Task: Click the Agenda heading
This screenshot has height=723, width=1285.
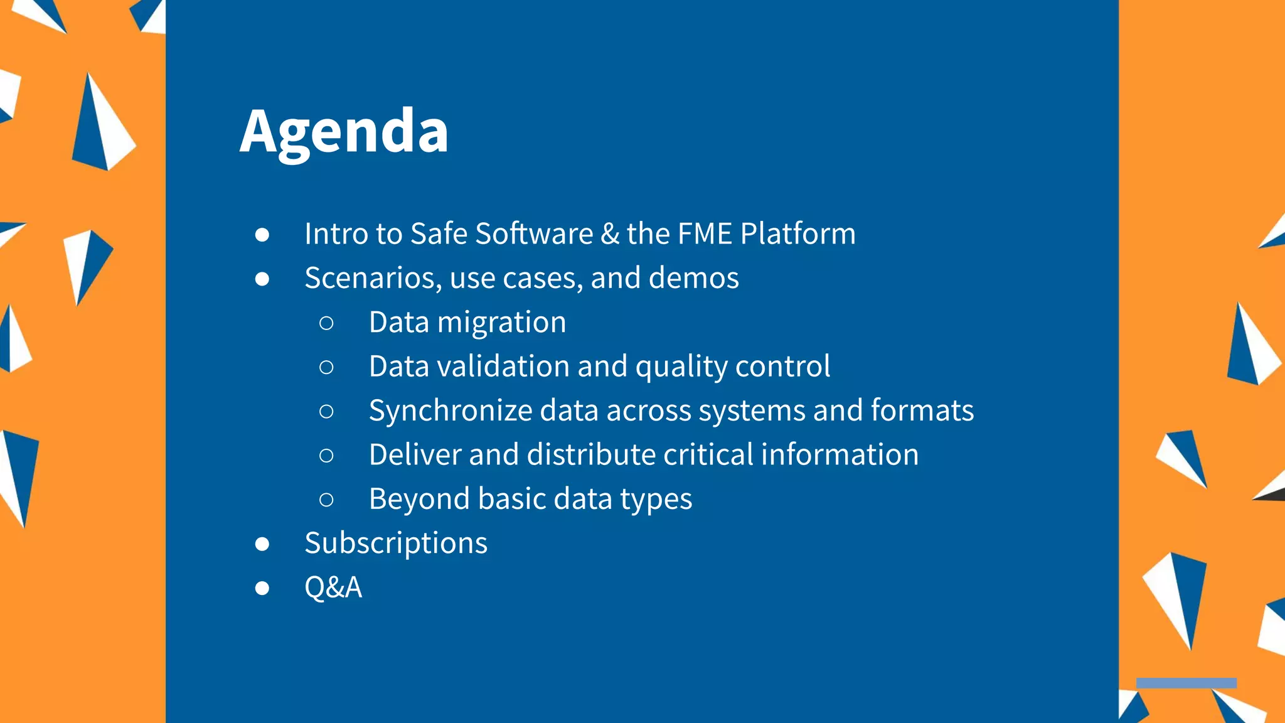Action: coord(344,132)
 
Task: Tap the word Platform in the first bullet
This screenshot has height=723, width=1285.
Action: coord(797,233)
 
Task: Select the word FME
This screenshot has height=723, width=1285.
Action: coord(705,233)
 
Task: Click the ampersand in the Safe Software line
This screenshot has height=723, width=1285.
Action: coord(609,233)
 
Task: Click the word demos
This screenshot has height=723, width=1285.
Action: coord(693,278)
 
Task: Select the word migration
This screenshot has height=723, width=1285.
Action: coord(501,323)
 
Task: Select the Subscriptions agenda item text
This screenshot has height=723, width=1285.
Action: coord(396,544)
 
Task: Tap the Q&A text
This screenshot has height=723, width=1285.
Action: coord(333,587)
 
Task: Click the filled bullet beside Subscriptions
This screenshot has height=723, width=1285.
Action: coord(262,544)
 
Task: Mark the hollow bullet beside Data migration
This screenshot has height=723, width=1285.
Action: coord(326,323)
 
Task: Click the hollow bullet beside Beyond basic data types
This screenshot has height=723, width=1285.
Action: coord(326,500)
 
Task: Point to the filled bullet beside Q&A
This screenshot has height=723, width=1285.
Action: coord(262,588)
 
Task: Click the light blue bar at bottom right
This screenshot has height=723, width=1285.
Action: coord(1186,683)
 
